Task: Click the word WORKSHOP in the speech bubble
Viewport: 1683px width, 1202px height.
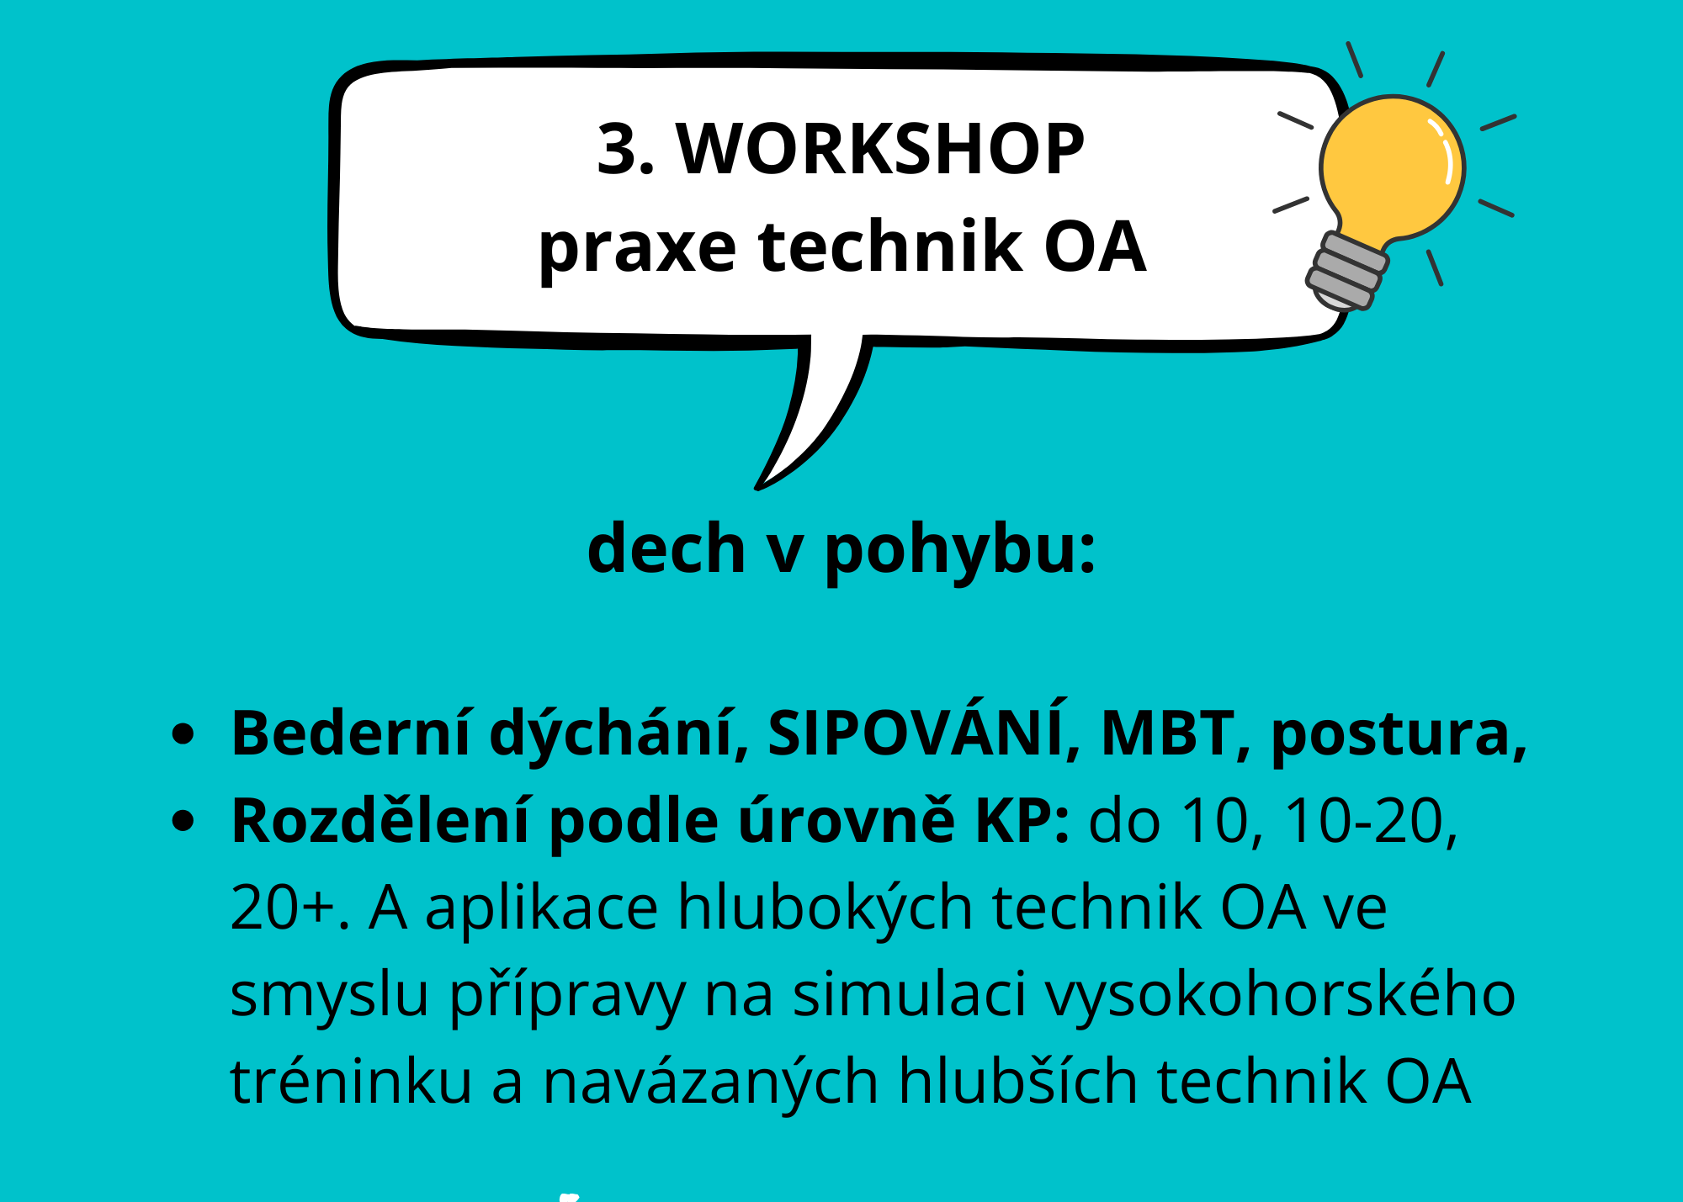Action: coord(880,149)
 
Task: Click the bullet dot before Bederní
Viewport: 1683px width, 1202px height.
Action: coord(183,733)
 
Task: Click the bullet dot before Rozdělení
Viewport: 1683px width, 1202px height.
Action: coord(183,821)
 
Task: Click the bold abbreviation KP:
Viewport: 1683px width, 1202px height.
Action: coord(1022,821)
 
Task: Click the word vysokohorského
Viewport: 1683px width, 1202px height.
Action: coord(1281,996)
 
